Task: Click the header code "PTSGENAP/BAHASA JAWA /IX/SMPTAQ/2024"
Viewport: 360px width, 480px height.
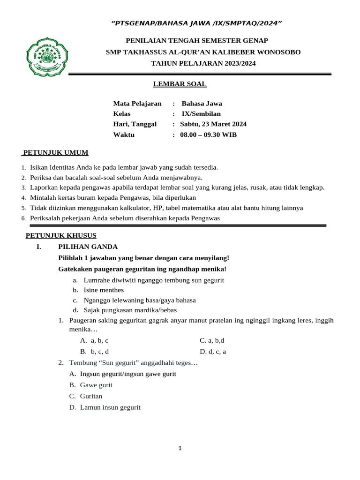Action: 196,23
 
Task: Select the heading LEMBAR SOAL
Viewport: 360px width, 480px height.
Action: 180,84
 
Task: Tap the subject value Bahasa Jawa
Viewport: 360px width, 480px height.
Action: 202,104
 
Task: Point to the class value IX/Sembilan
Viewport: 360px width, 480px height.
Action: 201,114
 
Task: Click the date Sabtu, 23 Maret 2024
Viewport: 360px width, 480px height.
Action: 213,124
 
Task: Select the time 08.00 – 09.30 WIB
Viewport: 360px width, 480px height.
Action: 208,135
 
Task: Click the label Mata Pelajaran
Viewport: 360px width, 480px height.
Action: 137,104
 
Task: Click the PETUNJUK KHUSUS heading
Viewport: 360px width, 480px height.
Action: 61,235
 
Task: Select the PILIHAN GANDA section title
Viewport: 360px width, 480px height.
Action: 88,247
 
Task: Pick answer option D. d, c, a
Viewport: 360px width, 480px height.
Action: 213,351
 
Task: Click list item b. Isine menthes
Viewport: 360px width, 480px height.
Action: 98,290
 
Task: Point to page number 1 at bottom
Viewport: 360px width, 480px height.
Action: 180,449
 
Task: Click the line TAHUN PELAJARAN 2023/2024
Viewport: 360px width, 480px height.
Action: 203,63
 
